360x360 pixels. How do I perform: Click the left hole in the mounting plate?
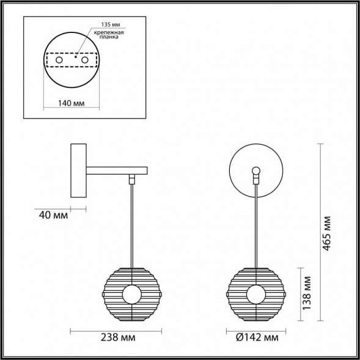click(59, 61)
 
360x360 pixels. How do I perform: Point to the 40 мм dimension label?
click(52, 215)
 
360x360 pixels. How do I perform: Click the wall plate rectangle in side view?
click(79, 171)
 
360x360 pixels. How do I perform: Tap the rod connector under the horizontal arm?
click(131, 180)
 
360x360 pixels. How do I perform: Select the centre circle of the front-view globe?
click(257, 295)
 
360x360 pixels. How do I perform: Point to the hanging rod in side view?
click(131, 226)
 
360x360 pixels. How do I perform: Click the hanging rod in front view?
click(257, 226)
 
